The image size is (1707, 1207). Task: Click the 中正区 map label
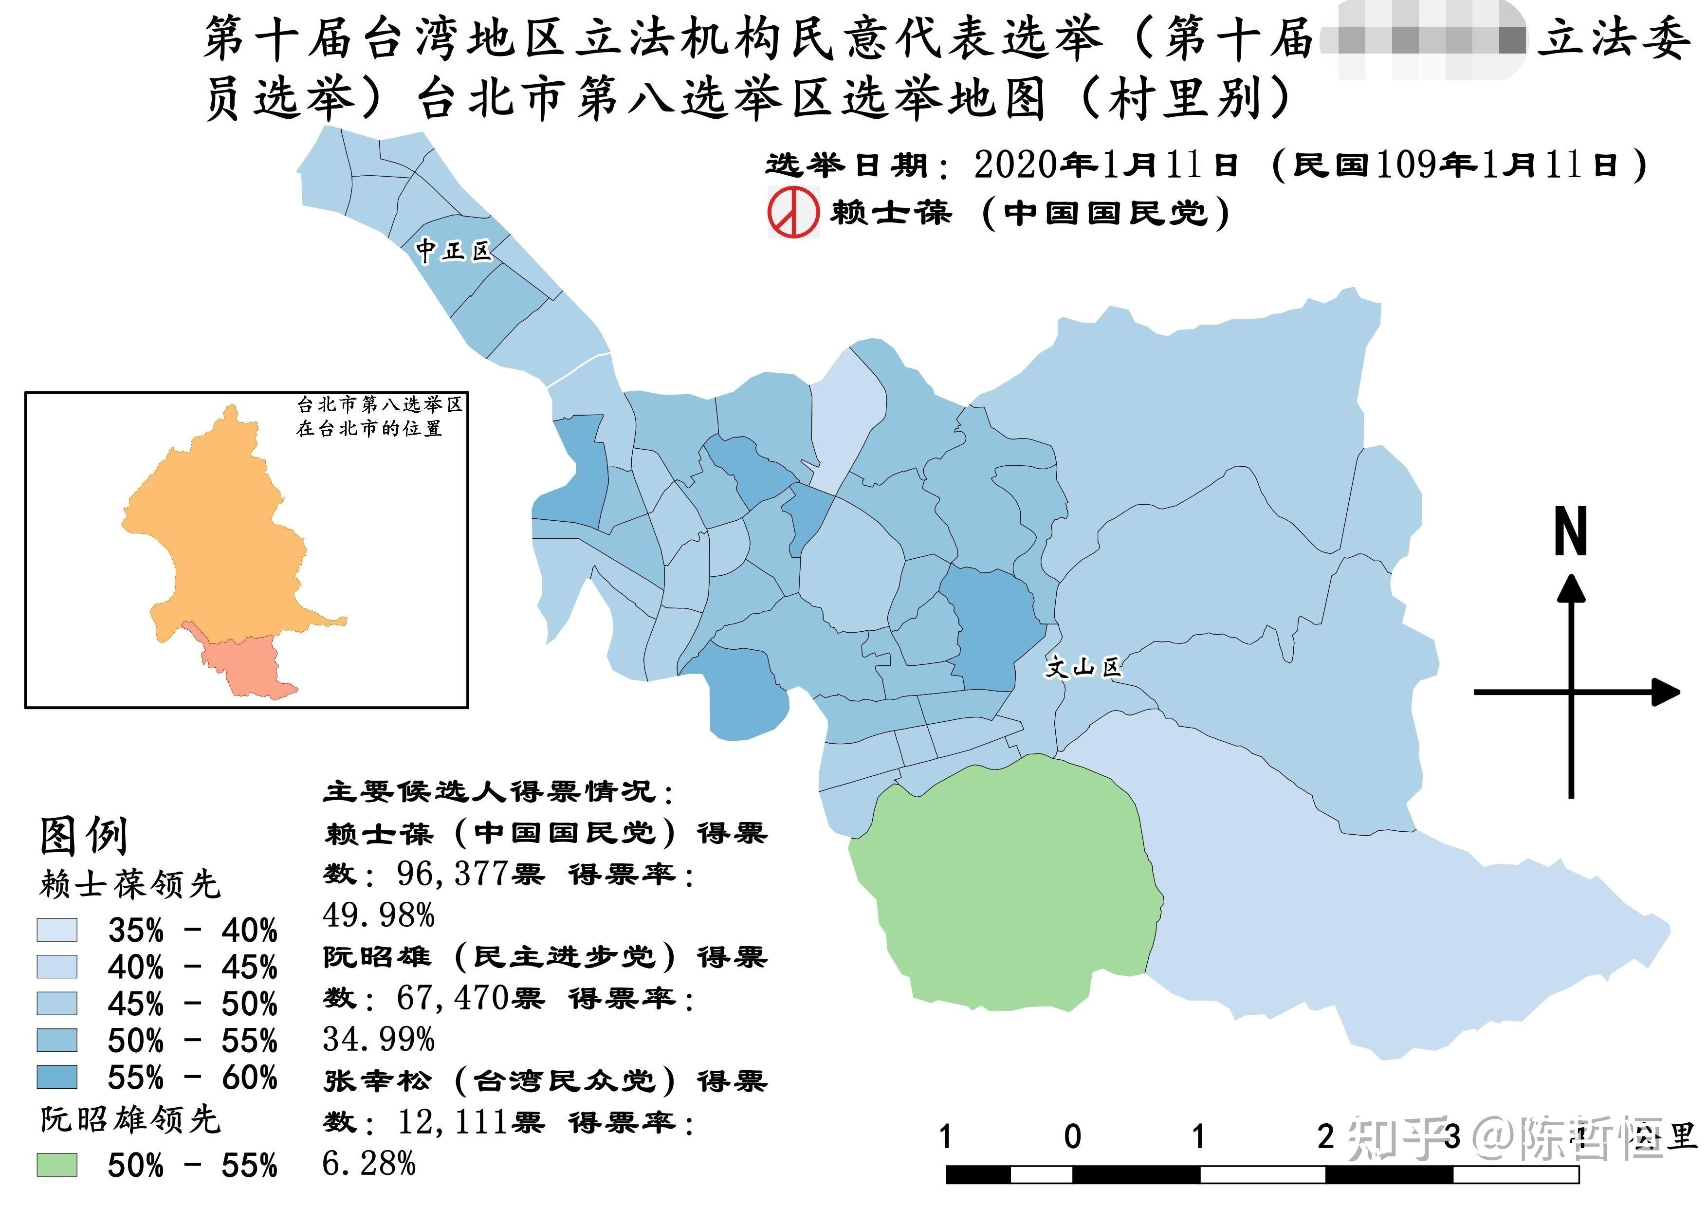coord(454,251)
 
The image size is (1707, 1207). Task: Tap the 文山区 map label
coord(1083,667)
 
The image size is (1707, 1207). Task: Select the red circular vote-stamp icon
coord(793,213)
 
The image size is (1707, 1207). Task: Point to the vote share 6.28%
coord(369,1163)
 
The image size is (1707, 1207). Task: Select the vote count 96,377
coord(451,874)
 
